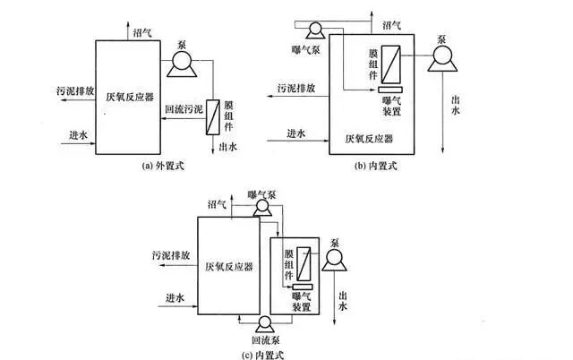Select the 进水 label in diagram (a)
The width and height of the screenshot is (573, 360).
point(78,134)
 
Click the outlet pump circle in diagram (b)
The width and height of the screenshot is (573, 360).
point(442,60)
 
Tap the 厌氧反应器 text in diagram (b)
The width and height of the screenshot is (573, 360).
point(368,139)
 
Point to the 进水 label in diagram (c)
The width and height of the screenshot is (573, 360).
point(175,297)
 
